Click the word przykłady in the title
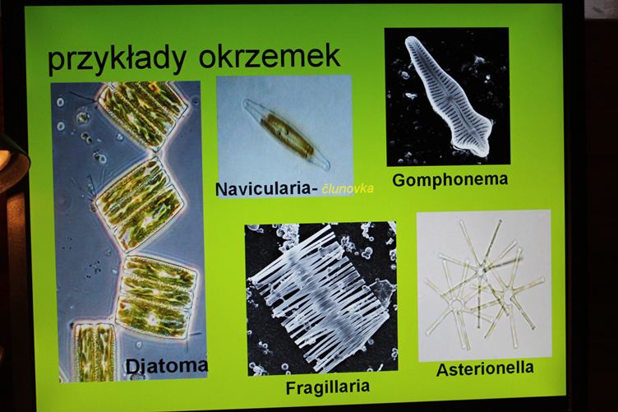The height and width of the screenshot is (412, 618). pyautogui.click(x=116, y=59)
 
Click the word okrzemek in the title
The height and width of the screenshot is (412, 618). pyautogui.click(x=270, y=56)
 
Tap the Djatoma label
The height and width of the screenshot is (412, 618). pyautogui.click(x=166, y=366)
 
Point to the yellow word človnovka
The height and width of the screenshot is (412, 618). pyautogui.click(x=348, y=189)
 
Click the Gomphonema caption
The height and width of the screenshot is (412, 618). pyautogui.click(x=450, y=180)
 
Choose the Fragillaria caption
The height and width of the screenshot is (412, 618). pyautogui.click(x=328, y=387)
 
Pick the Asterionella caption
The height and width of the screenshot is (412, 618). pyautogui.click(x=485, y=369)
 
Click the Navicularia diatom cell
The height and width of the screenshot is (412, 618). pyautogui.click(x=287, y=134)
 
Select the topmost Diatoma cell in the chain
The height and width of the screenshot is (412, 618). pyautogui.click(x=142, y=113)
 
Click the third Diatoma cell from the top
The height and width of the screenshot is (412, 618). pyautogui.click(x=158, y=297)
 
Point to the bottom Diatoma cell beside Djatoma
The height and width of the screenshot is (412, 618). pyautogui.click(x=95, y=352)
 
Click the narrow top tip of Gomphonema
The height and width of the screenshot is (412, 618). pyautogui.click(x=411, y=39)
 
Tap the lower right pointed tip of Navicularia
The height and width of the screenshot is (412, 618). pyautogui.click(x=328, y=168)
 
